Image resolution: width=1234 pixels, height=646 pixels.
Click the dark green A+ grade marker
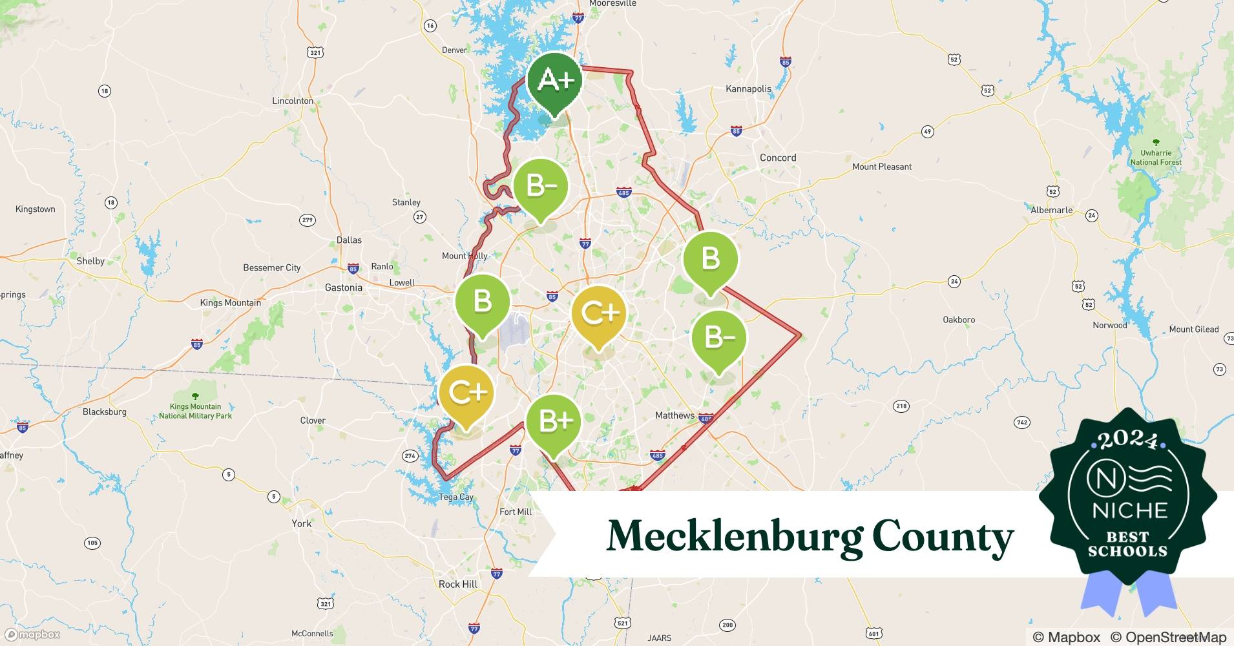point(554,81)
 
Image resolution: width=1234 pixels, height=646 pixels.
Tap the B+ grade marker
point(554,421)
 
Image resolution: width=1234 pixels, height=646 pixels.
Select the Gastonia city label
point(343,287)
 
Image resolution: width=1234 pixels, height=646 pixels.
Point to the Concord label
point(778,158)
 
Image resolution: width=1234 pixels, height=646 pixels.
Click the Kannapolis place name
point(748,89)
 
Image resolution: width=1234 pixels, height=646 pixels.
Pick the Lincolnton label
point(293,101)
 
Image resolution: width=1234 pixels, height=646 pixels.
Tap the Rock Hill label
point(458,584)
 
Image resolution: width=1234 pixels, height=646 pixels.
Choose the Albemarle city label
point(1052,210)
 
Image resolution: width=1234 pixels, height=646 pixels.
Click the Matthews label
point(675,415)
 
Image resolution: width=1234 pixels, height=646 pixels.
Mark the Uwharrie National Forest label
point(1156,158)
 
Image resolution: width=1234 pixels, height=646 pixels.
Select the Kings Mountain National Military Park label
point(195,411)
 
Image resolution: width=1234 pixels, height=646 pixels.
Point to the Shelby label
point(90,261)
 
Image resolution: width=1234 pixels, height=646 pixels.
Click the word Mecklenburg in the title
point(734,536)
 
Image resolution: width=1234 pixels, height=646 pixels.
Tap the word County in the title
point(943,536)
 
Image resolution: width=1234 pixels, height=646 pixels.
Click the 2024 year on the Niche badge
point(1128,439)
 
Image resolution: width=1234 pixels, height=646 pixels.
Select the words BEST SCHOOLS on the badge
point(1128,544)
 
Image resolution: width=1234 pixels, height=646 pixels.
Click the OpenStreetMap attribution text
point(1168,637)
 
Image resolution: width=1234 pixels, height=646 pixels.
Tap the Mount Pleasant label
point(882,167)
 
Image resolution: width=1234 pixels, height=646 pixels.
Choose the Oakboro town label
point(959,320)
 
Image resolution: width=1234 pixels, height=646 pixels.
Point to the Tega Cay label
point(456,497)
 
